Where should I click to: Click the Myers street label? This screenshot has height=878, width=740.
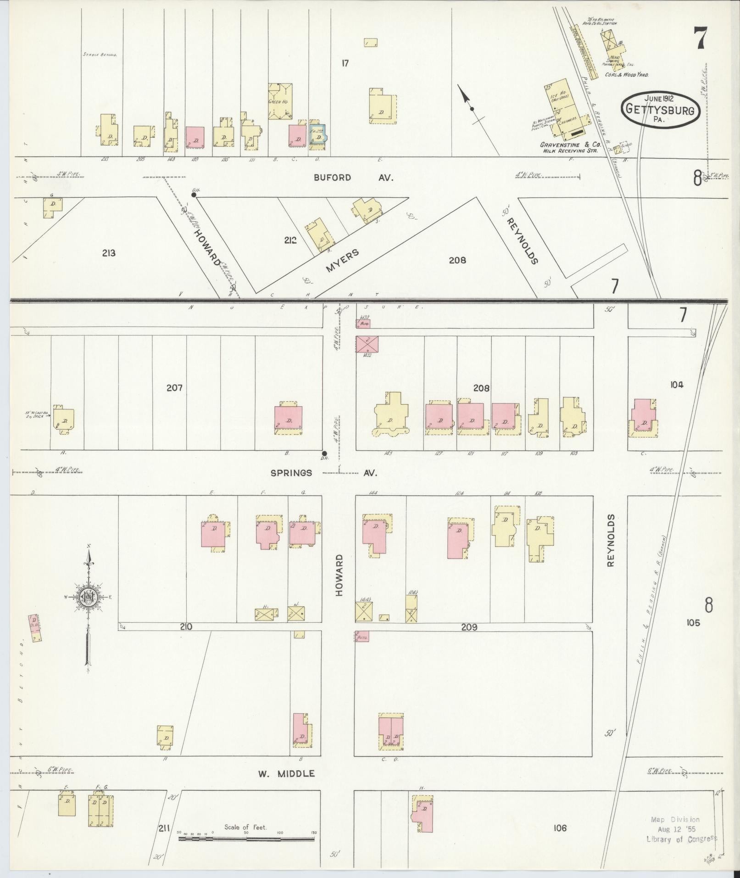(x=342, y=261)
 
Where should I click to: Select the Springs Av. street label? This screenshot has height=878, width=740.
(x=329, y=472)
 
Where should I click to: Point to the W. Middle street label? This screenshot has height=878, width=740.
(x=286, y=773)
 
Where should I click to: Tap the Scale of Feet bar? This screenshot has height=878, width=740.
(x=246, y=839)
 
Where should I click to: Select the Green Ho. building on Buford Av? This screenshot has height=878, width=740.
(x=280, y=101)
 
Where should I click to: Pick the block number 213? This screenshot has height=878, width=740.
(x=109, y=253)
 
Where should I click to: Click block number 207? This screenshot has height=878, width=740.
(x=174, y=388)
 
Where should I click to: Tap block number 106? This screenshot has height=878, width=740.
(x=560, y=828)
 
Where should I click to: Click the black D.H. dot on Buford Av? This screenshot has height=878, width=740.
(x=194, y=195)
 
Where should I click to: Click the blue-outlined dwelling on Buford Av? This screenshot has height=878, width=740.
(x=317, y=135)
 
